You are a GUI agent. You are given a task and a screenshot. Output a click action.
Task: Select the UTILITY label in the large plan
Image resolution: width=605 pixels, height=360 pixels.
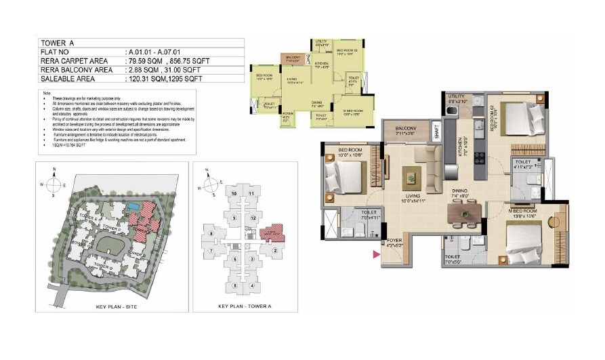pyautogui.click(x=457, y=97)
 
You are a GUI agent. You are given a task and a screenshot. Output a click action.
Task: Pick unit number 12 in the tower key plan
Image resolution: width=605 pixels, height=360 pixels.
pyautogui.click(x=253, y=218)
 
